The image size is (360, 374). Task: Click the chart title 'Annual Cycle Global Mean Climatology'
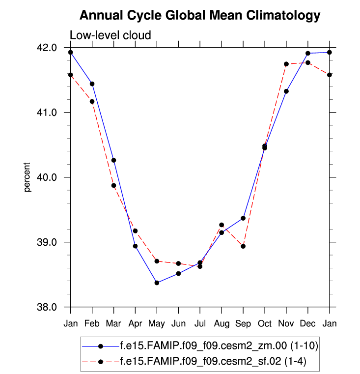[199, 15]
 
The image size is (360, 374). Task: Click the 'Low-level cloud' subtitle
[110, 35]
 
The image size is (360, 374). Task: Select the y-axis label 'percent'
[28, 177]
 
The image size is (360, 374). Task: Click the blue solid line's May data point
[157, 283]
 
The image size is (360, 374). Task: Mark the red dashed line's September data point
[243, 246]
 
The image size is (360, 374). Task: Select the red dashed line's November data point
[286, 64]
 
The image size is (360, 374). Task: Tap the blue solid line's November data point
[286, 91]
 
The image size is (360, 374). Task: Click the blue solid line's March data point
[113, 160]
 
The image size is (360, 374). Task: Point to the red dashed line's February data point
[92, 101]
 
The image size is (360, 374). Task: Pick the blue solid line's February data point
[92, 84]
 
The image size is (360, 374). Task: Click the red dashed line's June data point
[178, 263]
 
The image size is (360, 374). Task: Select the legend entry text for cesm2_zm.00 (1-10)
[219, 346]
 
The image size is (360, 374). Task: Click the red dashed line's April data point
[135, 230]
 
